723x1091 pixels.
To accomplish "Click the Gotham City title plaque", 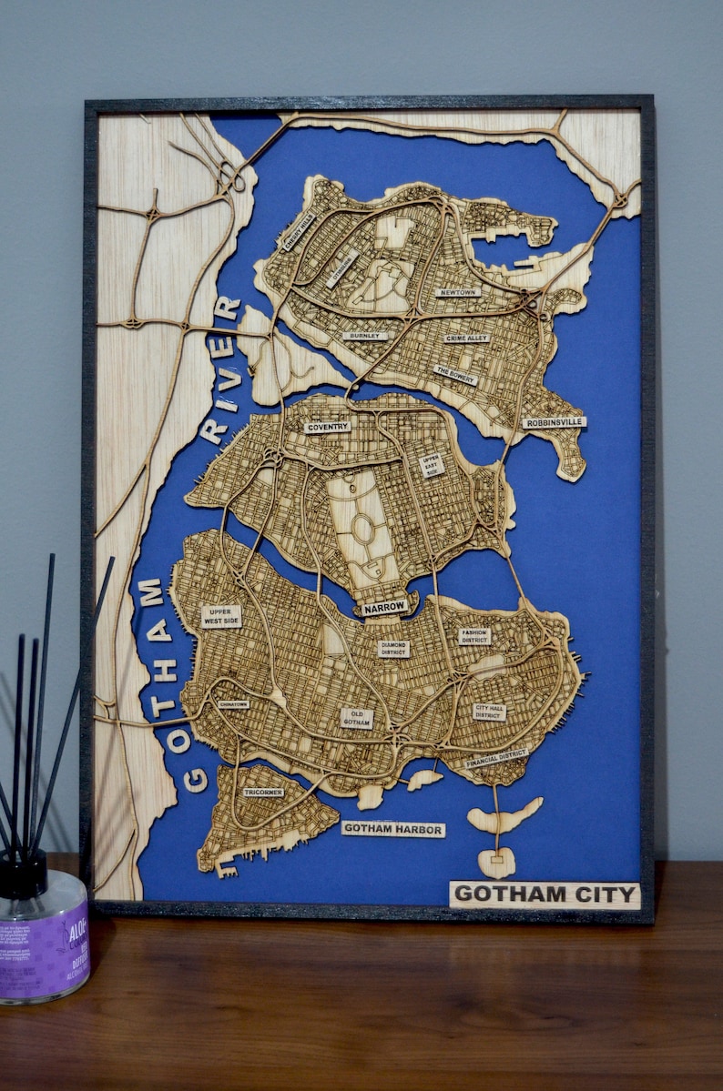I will click(545, 894).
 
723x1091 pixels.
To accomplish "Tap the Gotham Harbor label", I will click(393, 830).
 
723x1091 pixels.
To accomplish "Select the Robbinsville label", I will click(554, 422).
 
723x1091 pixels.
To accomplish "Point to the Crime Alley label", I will click(467, 338).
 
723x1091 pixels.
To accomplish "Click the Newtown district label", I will click(457, 292).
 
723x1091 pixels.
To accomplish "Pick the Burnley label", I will click(365, 336).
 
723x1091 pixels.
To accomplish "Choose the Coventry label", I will click(327, 427).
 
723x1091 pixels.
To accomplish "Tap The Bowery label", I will click(455, 374).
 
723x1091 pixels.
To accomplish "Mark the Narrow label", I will click(384, 606).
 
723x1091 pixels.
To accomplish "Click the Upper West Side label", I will click(220, 616).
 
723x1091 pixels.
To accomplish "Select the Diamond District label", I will click(393, 649).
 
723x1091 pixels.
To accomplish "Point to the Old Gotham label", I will click(356, 718).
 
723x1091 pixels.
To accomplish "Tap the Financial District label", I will click(497, 758).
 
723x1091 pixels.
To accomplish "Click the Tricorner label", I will click(263, 793).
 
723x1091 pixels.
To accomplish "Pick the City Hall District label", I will click(489, 712).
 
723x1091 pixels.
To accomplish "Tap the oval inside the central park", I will click(362, 529).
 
